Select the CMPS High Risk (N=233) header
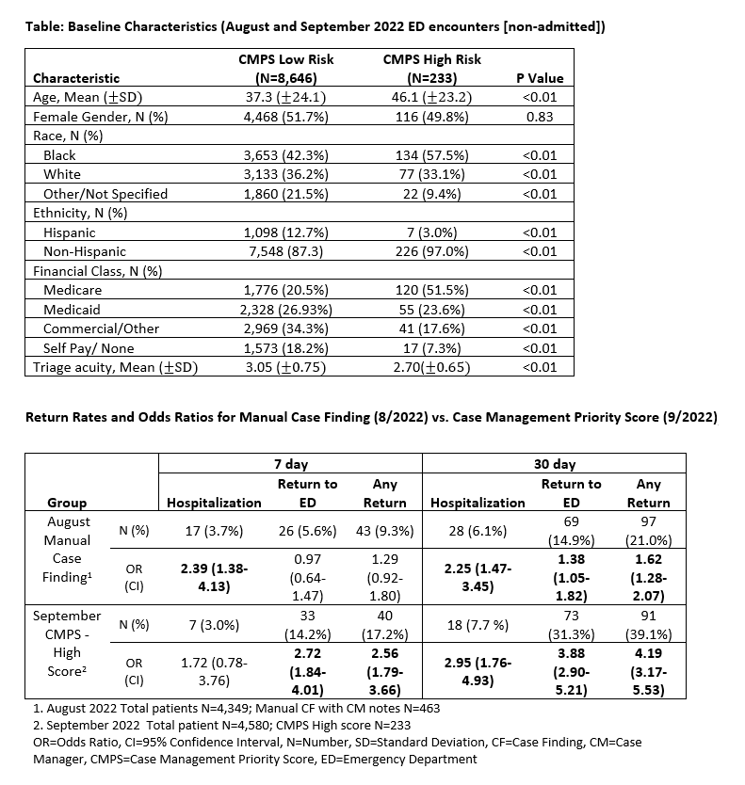pos(432,69)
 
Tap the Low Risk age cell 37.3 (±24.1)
pos(286,98)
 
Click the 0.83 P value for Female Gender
pos(539,118)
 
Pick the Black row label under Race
pos(59,155)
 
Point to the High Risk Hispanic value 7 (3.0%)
pos(432,232)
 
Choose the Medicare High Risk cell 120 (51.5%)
pos(432,290)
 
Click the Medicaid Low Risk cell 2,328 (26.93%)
pos(286,309)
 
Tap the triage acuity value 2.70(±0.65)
pos(432,367)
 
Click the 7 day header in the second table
pos(290,464)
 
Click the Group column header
pos(67,503)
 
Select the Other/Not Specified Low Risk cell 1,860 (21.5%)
pos(286,194)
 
